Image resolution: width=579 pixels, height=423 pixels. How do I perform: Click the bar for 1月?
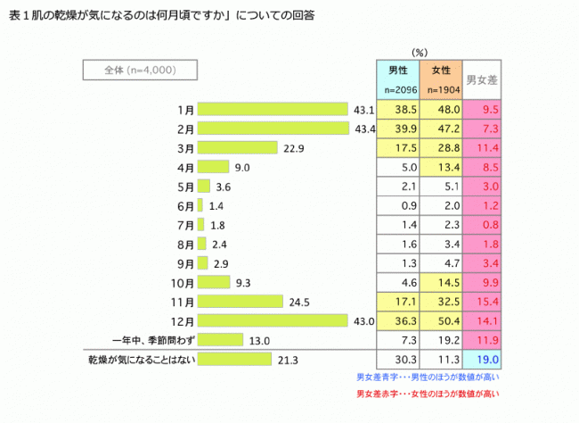click(272, 109)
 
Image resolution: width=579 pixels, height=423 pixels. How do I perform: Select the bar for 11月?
click(240, 301)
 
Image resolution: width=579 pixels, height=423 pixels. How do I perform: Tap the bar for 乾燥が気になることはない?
click(234, 359)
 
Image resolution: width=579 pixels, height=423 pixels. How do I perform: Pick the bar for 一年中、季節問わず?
click(219, 339)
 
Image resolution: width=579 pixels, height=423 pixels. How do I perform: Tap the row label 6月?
click(185, 204)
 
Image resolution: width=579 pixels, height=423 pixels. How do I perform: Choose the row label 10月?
click(183, 282)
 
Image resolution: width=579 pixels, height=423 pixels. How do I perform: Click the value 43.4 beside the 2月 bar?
click(363, 129)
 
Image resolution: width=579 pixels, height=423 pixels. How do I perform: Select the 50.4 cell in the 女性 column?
click(444, 320)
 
